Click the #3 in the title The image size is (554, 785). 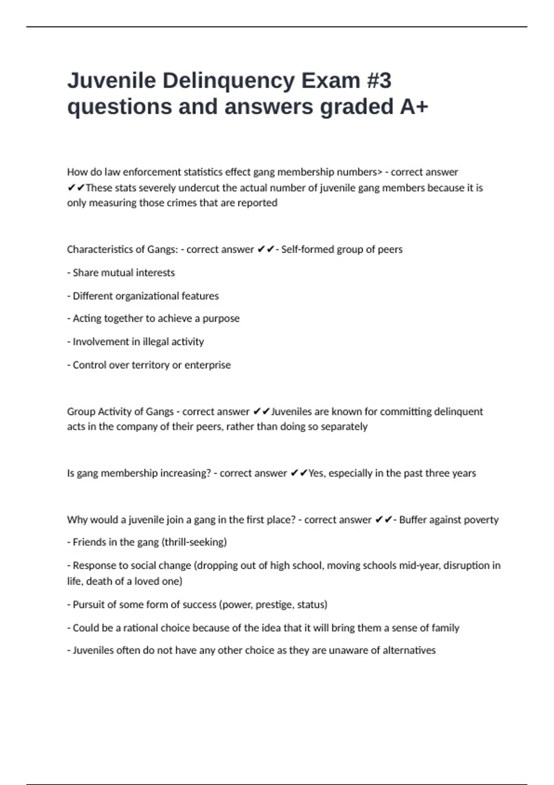[x=379, y=81]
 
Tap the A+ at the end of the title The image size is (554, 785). [x=414, y=107]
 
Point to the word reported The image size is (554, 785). [x=257, y=203]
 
